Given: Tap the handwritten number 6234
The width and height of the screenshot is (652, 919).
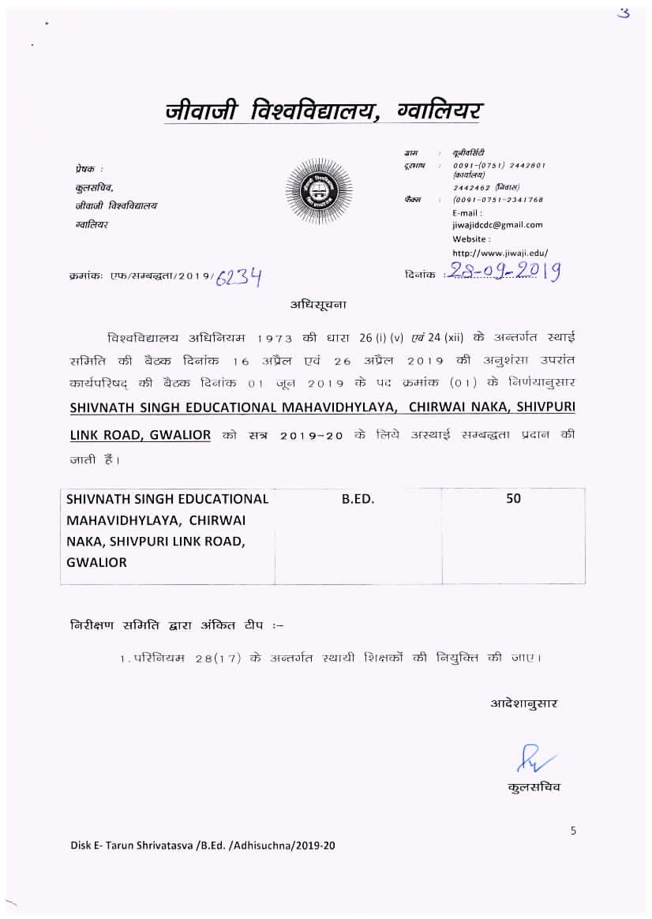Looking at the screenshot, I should click(240, 276).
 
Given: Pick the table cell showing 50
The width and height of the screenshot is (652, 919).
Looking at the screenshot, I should click(513, 499).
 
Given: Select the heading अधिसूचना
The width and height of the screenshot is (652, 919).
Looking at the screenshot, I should click(318, 303).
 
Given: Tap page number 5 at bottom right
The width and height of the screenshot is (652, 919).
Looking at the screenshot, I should click(573, 830).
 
